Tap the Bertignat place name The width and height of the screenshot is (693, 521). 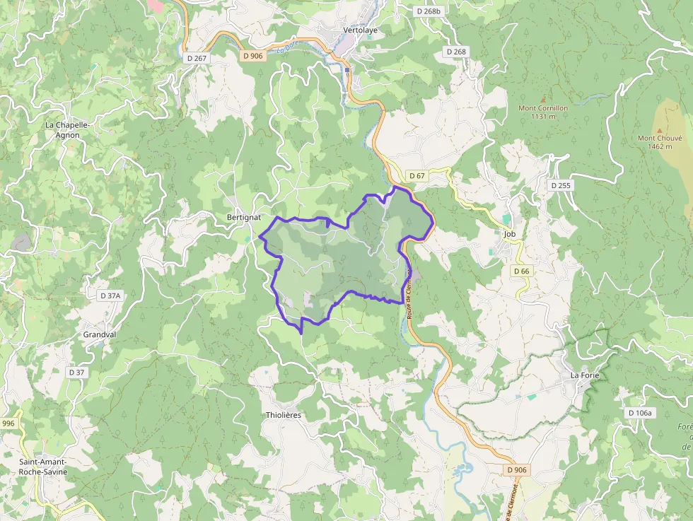[244, 216]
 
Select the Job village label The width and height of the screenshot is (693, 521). [509, 233]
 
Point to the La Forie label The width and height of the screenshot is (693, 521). [585, 375]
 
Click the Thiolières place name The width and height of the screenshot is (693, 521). [283, 415]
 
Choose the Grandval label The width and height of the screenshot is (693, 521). [99, 334]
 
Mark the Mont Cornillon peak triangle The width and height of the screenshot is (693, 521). [543, 100]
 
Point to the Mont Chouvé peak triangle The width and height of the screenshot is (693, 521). [659, 130]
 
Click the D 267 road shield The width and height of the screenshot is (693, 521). [197, 58]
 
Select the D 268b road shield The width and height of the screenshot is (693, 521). [429, 11]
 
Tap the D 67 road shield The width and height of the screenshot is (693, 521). [417, 175]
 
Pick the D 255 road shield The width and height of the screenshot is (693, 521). [561, 185]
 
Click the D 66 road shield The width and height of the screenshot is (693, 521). [521, 271]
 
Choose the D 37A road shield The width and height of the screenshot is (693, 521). [111, 295]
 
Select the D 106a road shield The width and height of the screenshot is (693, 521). [641, 412]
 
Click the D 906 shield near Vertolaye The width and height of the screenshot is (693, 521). [252, 55]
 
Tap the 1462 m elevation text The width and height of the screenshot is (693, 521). [659, 147]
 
